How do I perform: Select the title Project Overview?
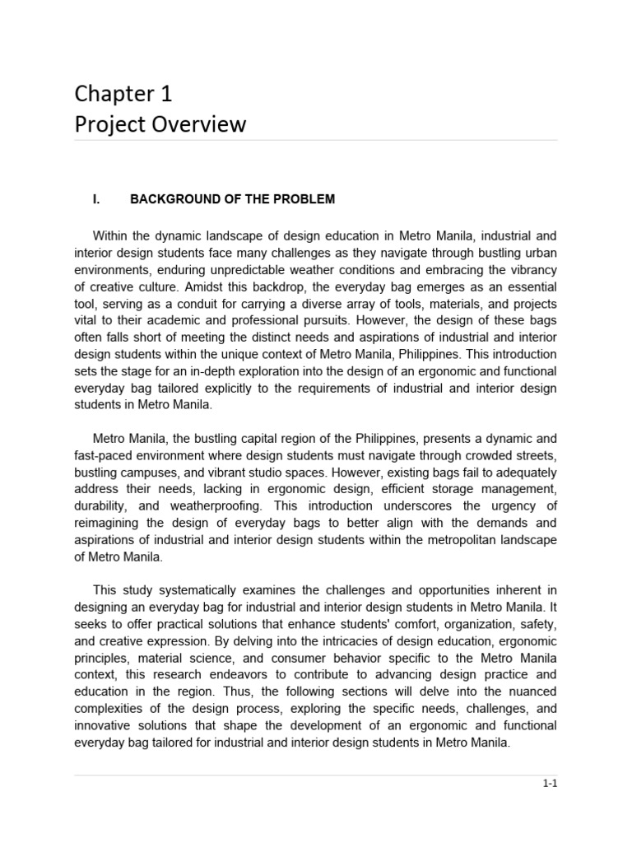pyautogui.click(x=160, y=124)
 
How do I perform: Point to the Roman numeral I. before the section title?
pyautogui.click(x=97, y=199)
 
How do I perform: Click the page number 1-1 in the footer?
pyautogui.click(x=550, y=784)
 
